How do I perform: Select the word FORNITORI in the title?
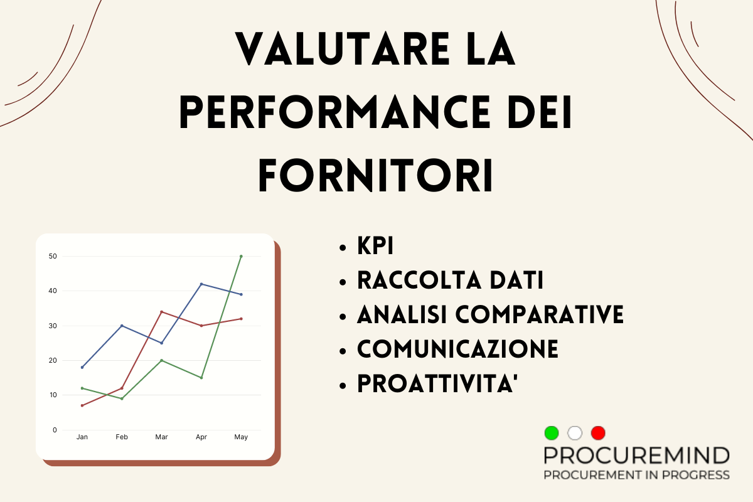(375, 175)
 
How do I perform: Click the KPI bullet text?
(375, 246)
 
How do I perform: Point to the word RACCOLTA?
(420, 280)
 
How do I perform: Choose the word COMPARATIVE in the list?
(540, 314)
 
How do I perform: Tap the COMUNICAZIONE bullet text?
(457, 349)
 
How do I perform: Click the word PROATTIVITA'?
(437, 383)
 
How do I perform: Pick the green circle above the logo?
(552, 433)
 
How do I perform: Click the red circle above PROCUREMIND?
(598, 433)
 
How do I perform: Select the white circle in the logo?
(575, 433)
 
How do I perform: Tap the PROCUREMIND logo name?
(637, 456)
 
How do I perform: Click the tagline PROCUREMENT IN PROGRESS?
(637, 475)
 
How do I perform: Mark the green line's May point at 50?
(241, 256)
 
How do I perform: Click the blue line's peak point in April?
(201, 284)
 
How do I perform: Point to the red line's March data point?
(162, 312)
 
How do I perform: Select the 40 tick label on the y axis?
(53, 291)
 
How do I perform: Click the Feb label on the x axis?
(122, 437)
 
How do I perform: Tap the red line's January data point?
(82, 405)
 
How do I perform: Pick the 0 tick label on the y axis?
(55, 430)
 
